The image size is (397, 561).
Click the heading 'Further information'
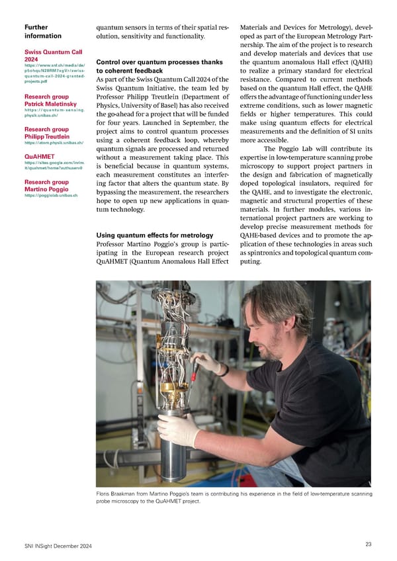(43, 31)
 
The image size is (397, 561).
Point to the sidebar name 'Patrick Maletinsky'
(51, 105)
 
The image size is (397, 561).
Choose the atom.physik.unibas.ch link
(54, 142)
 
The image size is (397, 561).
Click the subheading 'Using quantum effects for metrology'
(154, 235)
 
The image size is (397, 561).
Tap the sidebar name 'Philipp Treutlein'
(50, 136)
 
